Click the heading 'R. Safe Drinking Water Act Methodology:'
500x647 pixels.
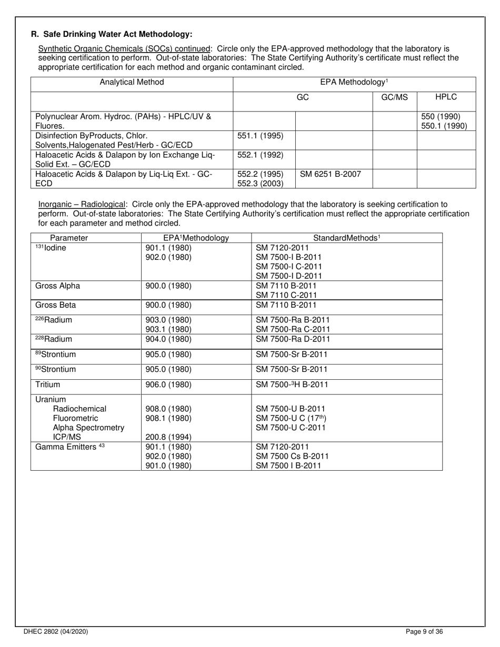(112, 34)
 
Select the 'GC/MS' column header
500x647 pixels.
(395, 97)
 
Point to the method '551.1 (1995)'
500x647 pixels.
(260, 136)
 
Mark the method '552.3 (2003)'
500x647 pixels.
(260, 183)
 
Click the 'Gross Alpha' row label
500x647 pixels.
(57, 286)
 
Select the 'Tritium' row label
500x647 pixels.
(48, 385)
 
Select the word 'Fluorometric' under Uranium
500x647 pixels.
(75, 418)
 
